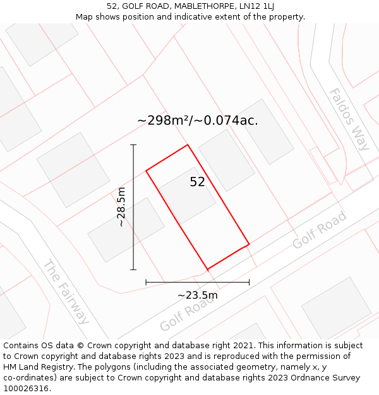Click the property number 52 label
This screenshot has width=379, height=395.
[x=197, y=182]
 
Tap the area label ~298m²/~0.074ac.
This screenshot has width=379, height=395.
[x=197, y=120]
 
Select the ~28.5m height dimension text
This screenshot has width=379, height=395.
[x=121, y=207]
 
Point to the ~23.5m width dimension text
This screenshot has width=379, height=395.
[x=197, y=295]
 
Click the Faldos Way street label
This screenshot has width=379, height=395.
[x=349, y=119]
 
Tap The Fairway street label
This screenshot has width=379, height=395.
[x=66, y=291]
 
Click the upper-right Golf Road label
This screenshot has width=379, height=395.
[x=320, y=230]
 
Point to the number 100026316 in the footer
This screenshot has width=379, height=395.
[x=26, y=389]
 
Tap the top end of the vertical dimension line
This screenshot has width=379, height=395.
[x=133, y=145]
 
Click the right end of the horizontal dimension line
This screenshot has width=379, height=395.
[x=249, y=283]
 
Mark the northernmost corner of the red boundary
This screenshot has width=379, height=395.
[x=188, y=145]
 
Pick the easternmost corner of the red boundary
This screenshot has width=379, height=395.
[x=249, y=244]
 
